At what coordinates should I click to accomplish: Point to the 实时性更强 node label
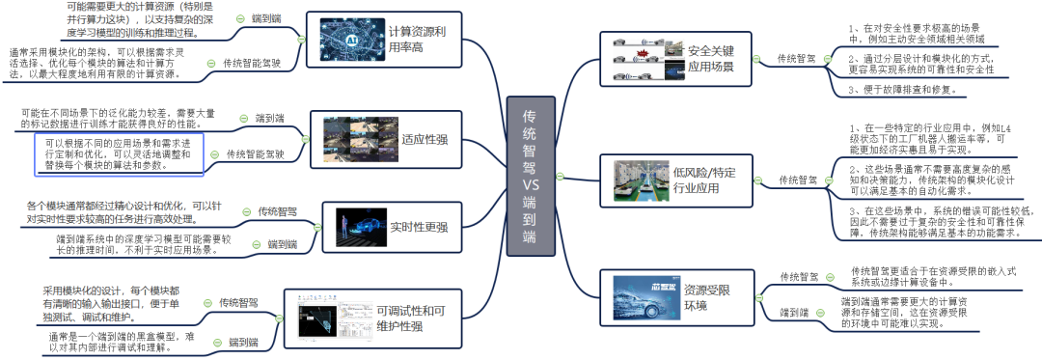[419, 227]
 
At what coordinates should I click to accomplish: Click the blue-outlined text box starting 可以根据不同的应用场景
[119, 152]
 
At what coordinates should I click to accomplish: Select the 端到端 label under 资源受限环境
[794, 313]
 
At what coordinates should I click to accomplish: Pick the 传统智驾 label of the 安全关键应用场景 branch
[797, 58]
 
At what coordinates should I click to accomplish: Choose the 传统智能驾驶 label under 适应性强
[255, 153]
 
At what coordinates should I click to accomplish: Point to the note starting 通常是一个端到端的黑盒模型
[122, 343]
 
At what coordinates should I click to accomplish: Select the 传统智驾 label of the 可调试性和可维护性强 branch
[237, 302]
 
